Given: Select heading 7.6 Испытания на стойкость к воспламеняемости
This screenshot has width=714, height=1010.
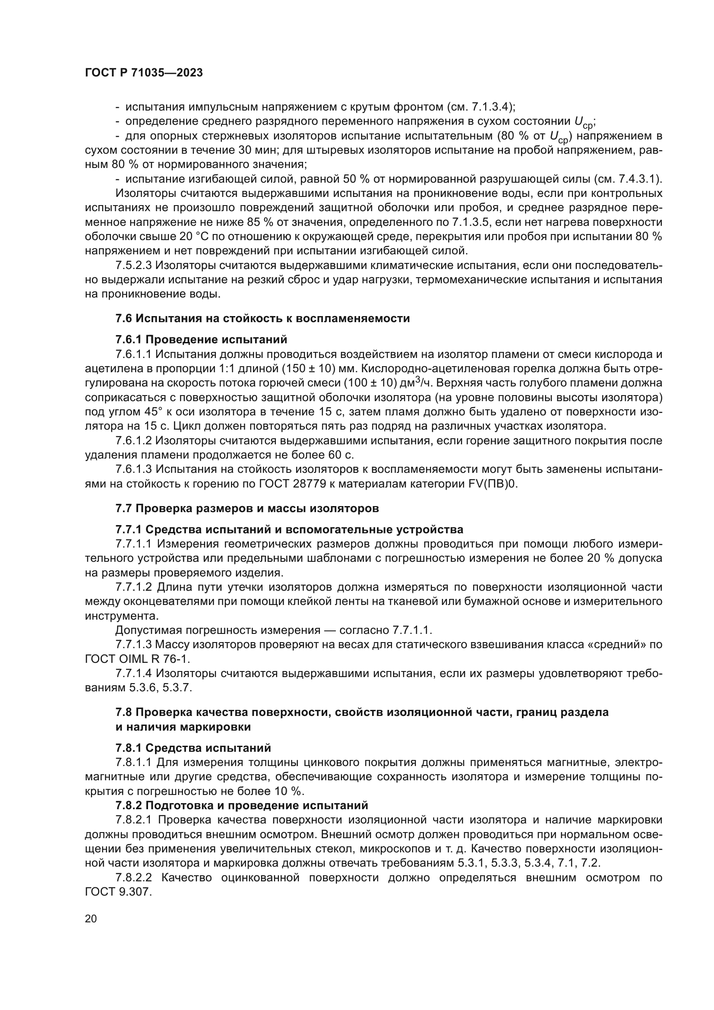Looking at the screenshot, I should pyautogui.click(x=262, y=319).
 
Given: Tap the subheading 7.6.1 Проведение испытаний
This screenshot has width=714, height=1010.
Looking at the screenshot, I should pyautogui.click(x=201, y=339).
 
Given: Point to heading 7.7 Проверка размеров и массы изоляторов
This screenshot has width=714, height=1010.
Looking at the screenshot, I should pyautogui.click(x=246, y=509).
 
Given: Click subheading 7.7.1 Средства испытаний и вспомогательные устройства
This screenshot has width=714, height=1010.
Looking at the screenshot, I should pyautogui.click(x=289, y=530).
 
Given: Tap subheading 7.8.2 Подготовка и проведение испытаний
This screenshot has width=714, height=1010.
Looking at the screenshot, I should pyautogui.click(x=241, y=805).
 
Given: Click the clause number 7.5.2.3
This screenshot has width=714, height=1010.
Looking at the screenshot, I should pyautogui.click(x=134, y=266).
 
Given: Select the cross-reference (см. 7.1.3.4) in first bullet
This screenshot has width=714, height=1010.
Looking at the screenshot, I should pyautogui.click(x=481, y=107).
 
